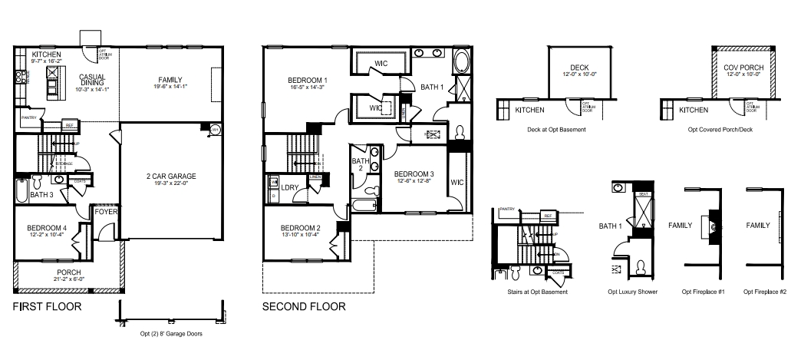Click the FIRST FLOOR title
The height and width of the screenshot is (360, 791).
(x=48, y=306)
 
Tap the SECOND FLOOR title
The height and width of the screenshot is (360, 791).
(x=304, y=306)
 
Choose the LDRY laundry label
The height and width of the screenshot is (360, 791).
(x=290, y=187)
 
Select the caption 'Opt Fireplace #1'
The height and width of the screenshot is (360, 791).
(x=703, y=292)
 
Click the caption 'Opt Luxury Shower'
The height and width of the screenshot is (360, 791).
(x=632, y=292)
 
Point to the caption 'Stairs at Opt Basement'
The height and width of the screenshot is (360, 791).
(x=537, y=292)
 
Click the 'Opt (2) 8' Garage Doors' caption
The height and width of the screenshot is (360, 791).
(x=170, y=333)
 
